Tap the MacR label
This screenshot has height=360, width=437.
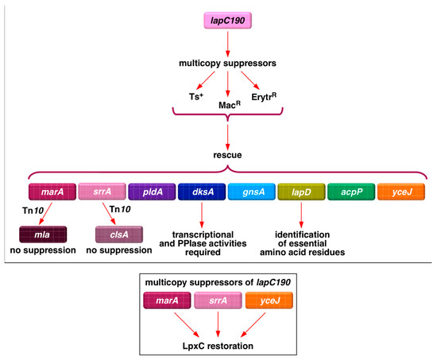[227, 104]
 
